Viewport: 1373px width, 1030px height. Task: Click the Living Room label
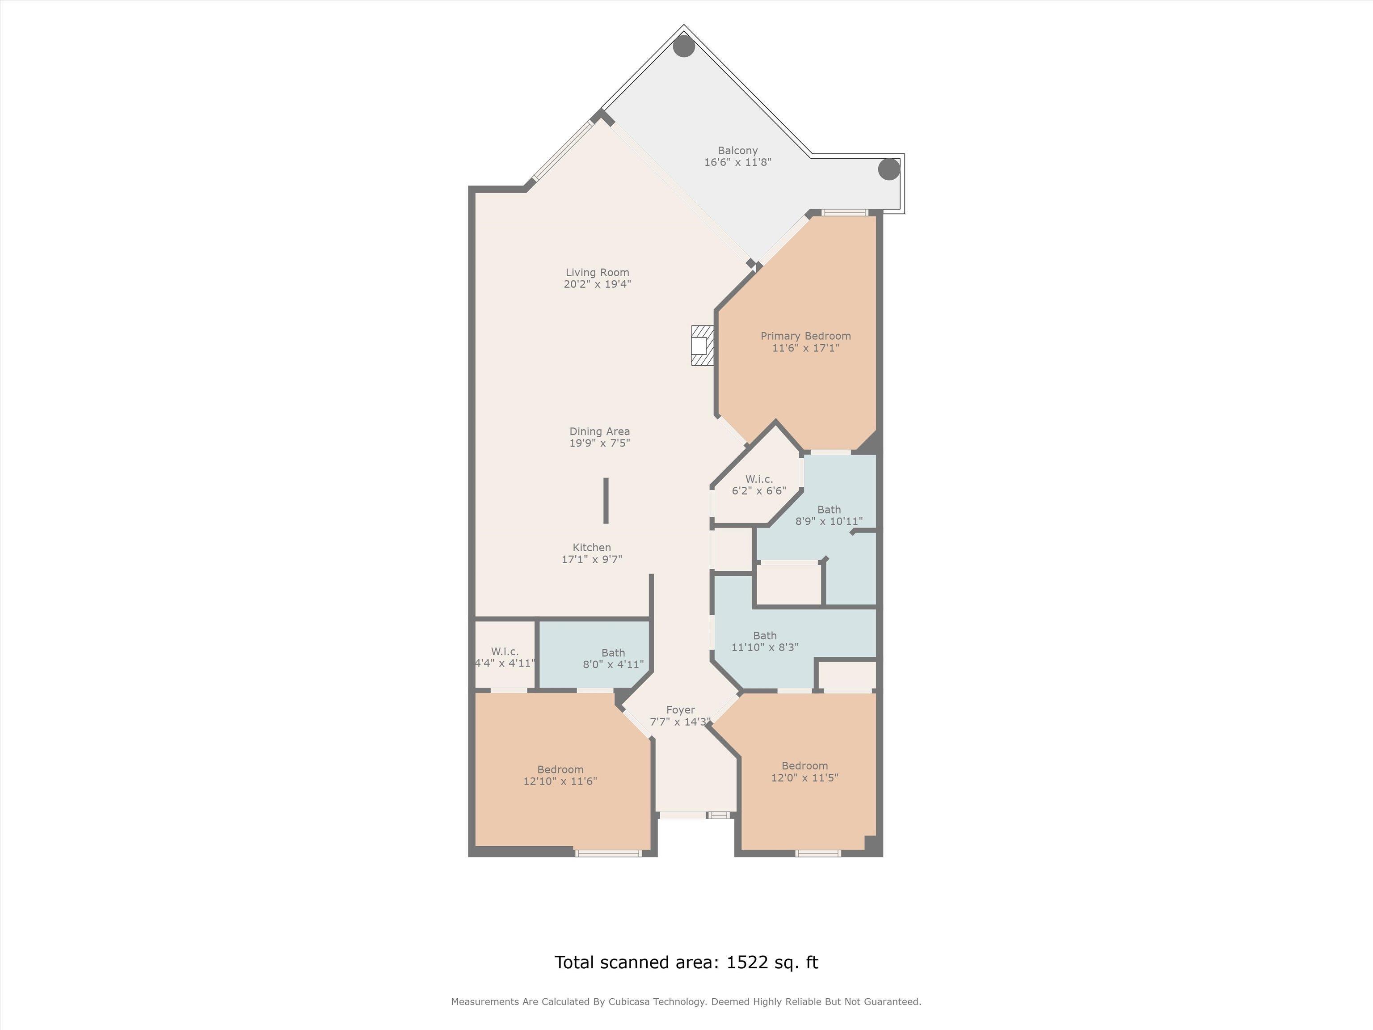click(597, 273)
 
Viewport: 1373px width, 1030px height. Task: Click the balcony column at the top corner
click(684, 46)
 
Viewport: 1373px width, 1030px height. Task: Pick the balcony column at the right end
click(889, 169)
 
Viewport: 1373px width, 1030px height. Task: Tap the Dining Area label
click(600, 431)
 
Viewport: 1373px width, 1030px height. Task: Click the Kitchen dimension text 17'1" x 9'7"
click(592, 559)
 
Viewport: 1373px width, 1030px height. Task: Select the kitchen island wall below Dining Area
click(606, 500)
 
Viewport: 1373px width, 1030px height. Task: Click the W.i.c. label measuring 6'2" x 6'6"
click(759, 479)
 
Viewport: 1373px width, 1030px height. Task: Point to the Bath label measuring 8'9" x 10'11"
click(829, 510)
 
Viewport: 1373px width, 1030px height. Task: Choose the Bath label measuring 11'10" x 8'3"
click(765, 636)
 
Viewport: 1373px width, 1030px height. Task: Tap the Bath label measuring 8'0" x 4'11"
click(613, 653)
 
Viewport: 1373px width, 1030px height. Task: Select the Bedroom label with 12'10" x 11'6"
click(560, 770)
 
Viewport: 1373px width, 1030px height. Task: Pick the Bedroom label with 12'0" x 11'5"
click(804, 766)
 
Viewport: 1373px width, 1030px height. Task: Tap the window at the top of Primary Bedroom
click(845, 212)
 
